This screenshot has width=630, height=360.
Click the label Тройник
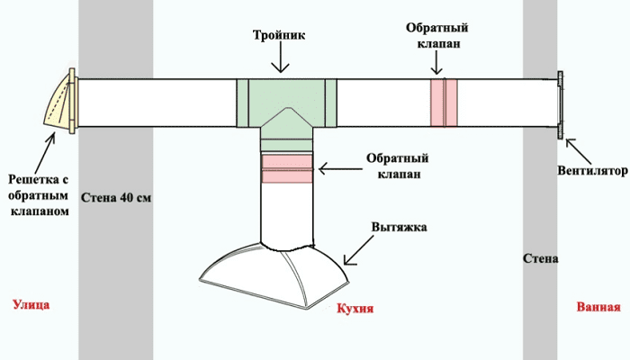pyautogui.click(x=282, y=35)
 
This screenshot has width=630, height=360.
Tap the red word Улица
pyautogui.click(x=31, y=305)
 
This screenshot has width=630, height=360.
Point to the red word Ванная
pyautogui.click(x=598, y=306)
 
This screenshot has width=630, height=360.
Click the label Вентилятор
pyautogui.click(x=589, y=168)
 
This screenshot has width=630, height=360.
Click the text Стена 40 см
pyautogui.click(x=115, y=197)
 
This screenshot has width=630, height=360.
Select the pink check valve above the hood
pyautogui.click(x=288, y=168)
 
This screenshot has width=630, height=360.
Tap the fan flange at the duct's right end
pyautogui.click(x=561, y=105)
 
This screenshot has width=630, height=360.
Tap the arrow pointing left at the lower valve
pyautogui.click(x=340, y=167)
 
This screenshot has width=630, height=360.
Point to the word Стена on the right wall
pyautogui.click(x=541, y=259)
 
